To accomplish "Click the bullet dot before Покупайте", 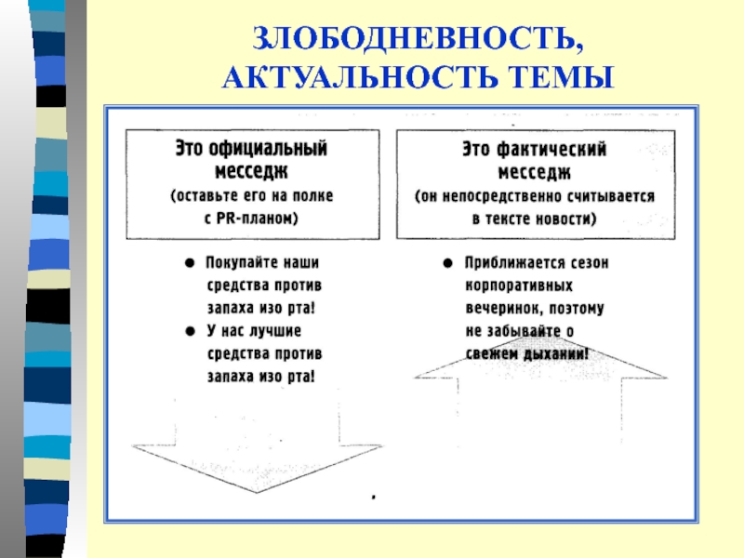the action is (189, 263).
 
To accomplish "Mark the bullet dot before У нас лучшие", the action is (189, 331).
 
